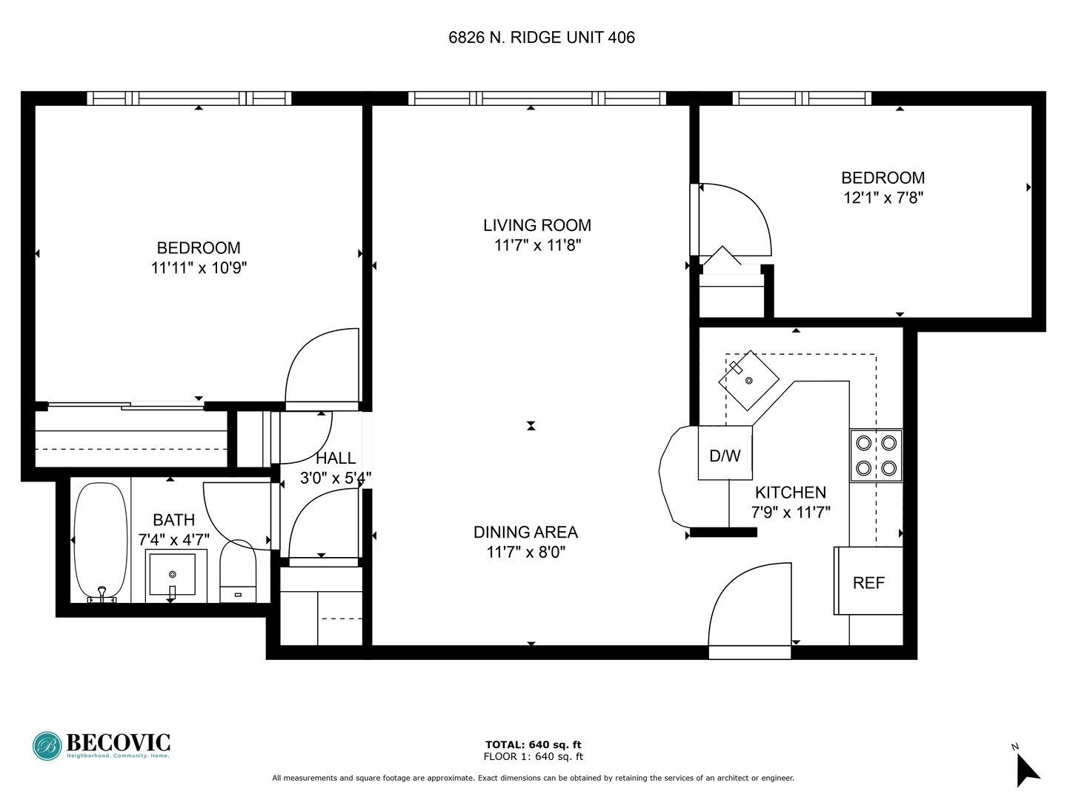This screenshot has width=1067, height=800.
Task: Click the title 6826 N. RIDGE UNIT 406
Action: pos(541,38)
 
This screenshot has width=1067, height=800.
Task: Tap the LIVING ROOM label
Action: pos(537,225)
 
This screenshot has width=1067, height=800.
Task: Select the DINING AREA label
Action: pos(525,532)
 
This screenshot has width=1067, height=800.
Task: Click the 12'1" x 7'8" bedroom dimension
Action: pos(882,198)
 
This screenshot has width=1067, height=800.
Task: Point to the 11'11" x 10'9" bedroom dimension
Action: pos(199,268)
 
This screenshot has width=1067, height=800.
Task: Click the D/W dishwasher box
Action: pos(725,453)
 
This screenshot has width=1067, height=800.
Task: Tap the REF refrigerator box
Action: pos(868,581)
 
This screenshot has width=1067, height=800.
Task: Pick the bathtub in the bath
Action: pos(101,541)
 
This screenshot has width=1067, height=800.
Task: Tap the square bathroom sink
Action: pos(173,575)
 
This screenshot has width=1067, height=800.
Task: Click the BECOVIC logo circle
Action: pos(47,746)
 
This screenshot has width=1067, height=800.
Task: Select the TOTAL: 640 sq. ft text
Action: pos(533,744)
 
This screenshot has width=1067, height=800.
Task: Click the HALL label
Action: pos(336,459)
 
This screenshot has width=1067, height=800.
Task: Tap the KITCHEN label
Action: pos(790,493)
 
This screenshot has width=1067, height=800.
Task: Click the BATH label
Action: pos(174,520)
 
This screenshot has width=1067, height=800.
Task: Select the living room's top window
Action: pos(537,98)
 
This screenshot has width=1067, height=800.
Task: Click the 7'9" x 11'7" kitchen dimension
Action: pos(791,512)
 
